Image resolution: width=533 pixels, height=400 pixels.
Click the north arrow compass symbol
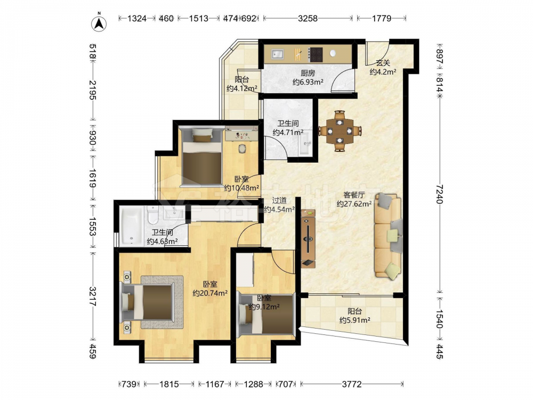(x=99, y=23)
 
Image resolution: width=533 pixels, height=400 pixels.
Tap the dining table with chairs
(x=340, y=131)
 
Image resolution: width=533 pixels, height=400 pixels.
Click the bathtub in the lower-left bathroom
(x=132, y=226)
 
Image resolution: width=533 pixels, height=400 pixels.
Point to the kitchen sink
(x=278, y=54)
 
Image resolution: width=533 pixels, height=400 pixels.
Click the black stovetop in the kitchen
(x=316, y=54)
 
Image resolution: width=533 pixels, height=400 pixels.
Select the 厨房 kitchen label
(x=308, y=73)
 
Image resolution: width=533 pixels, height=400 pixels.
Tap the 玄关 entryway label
(x=383, y=63)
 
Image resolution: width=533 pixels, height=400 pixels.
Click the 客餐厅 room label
(x=354, y=195)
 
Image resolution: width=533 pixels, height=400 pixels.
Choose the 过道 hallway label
(x=279, y=201)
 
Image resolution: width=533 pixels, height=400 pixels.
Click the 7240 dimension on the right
(x=440, y=194)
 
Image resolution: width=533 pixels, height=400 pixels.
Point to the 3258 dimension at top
(x=308, y=18)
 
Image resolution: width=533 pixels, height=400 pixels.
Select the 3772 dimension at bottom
(x=352, y=385)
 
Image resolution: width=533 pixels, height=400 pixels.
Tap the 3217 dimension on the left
(x=92, y=296)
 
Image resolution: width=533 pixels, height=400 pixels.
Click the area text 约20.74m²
(x=210, y=293)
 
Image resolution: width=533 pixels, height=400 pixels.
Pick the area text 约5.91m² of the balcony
(x=355, y=320)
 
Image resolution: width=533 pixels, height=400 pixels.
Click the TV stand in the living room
(x=308, y=238)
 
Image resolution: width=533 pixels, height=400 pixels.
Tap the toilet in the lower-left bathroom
(x=153, y=215)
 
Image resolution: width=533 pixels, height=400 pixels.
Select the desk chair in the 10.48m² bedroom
(x=242, y=149)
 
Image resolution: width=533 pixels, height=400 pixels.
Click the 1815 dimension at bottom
(x=169, y=385)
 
